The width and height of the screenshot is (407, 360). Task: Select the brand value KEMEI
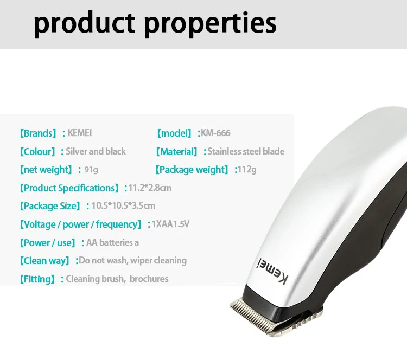click(80, 133)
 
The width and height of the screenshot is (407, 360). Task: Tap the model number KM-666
click(215, 133)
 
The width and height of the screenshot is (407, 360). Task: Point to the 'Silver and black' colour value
click(96, 151)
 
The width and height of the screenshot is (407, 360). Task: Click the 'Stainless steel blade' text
click(245, 151)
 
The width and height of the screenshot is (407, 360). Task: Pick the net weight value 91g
click(91, 170)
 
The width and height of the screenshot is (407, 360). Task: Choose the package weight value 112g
click(247, 170)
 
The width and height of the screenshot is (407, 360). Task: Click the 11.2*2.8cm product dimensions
click(150, 188)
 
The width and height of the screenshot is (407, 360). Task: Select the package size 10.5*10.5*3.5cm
click(123, 206)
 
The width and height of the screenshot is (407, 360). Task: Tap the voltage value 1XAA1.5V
click(170, 224)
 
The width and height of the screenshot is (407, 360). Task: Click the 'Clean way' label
click(44, 261)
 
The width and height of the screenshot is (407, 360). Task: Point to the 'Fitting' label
click(37, 279)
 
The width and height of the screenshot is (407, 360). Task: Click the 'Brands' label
click(38, 133)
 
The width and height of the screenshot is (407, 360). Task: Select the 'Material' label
click(176, 152)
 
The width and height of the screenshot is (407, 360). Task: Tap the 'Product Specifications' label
click(69, 188)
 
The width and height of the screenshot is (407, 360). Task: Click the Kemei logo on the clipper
click(272, 272)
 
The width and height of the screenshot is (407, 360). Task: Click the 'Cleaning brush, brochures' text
click(117, 279)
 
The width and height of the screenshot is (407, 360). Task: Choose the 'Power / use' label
click(48, 243)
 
